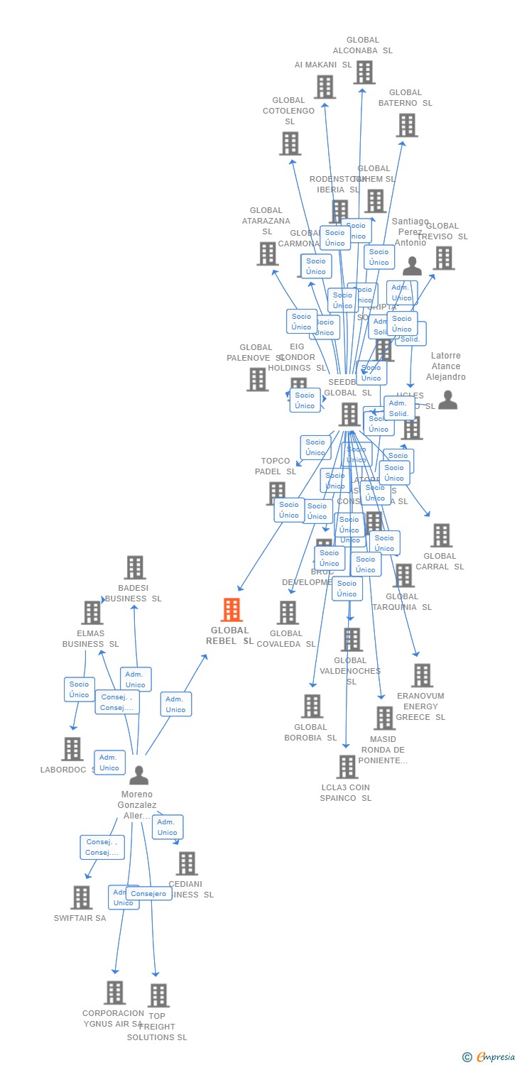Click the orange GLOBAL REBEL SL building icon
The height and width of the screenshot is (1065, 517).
[x=232, y=610]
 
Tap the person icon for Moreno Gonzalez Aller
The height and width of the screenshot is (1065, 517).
[x=139, y=775]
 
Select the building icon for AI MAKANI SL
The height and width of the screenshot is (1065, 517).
[x=325, y=87]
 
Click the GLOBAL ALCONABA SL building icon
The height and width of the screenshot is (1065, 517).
[x=364, y=72]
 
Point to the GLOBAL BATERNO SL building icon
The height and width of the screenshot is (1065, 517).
[x=406, y=126]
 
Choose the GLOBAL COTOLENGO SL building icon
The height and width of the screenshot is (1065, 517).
[x=290, y=144]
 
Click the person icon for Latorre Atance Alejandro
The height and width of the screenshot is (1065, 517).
[x=447, y=400]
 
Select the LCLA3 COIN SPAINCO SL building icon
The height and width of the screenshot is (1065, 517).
[x=347, y=767]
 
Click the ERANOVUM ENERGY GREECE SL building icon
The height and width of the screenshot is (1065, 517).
[x=422, y=675]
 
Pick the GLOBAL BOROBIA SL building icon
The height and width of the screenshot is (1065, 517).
[x=312, y=706]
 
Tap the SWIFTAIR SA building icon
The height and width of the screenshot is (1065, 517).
[x=81, y=897]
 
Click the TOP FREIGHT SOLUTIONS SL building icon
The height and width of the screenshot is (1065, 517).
[x=158, y=995]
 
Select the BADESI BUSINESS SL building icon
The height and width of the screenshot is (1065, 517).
[x=135, y=568]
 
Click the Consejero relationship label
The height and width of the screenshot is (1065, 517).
[x=148, y=894]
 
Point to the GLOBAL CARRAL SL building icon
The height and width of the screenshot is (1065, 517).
[x=441, y=535]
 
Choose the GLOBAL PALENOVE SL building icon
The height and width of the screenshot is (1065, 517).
[x=257, y=380]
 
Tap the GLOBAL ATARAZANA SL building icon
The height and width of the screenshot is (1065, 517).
[x=267, y=253]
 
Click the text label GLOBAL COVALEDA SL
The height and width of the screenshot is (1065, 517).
[x=286, y=638]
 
